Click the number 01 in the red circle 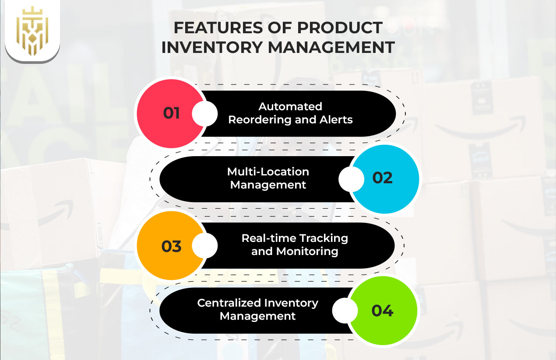click(x=172, y=113)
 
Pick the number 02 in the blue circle click(x=383, y=178)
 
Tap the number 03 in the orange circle click(x=172, y=246)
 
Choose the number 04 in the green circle click(x=383, y=311)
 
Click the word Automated click(x=290, y=106)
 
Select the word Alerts click(x=335, y=120)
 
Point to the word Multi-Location click(x=268, y=171)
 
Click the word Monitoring click(x=307, y=252)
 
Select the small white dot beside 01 click(x=204, y=114)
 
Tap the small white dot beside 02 click(x=351, y=179)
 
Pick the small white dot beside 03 click(x=204, y=245)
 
